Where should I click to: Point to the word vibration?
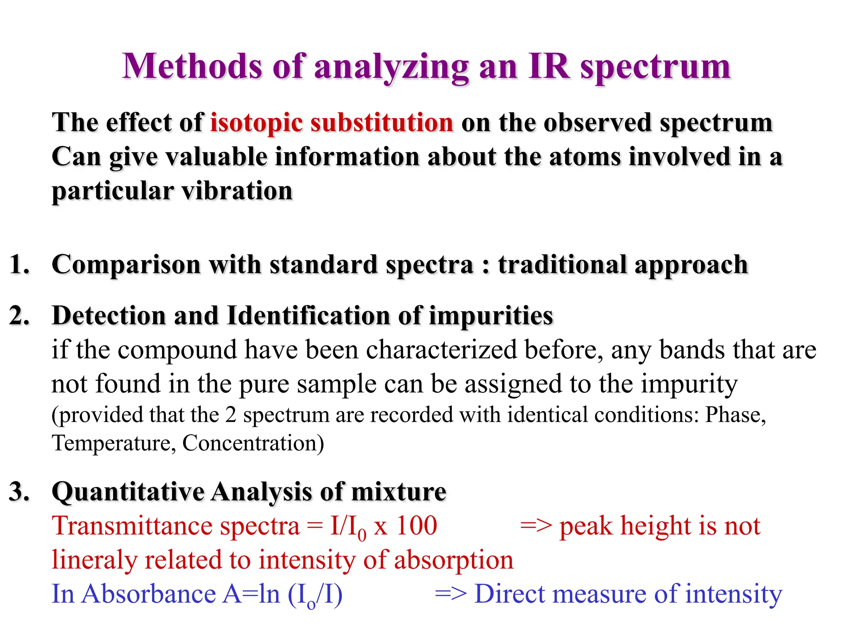click(237, 191)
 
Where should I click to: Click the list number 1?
click(19, 265)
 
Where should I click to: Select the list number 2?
click(19, 315)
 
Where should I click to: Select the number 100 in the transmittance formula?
click(416, 526)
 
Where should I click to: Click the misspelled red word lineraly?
click(94, 560)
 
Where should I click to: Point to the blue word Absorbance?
click(149, 594)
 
